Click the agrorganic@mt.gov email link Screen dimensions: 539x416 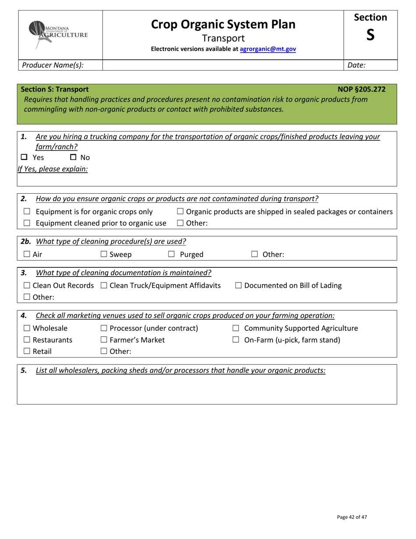pos(268,49)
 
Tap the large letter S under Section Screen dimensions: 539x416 pos(370,35)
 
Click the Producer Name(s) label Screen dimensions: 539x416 pos(53,65)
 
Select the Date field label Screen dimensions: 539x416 pos(356,65)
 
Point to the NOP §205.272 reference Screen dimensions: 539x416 pos(362,89)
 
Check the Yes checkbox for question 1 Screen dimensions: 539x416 pos(25,157)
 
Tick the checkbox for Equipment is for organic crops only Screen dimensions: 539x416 pos(27,212)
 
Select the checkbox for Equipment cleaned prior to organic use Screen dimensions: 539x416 pos(27,223)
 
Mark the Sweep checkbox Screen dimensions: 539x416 pos(104,254)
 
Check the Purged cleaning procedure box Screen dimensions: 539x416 pos(172,254)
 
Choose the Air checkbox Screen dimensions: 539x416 pos(27,254)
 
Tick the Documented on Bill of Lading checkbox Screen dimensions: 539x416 pos(239,286)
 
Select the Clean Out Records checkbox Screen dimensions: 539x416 pos(27,286)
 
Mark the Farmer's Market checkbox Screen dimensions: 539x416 pos(104,340)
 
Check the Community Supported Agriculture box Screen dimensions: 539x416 pos(236,329)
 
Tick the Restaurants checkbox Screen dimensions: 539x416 pos(27,340)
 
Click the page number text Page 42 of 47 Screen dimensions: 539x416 pos(352,517)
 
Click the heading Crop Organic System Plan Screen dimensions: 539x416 pos(223,25)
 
